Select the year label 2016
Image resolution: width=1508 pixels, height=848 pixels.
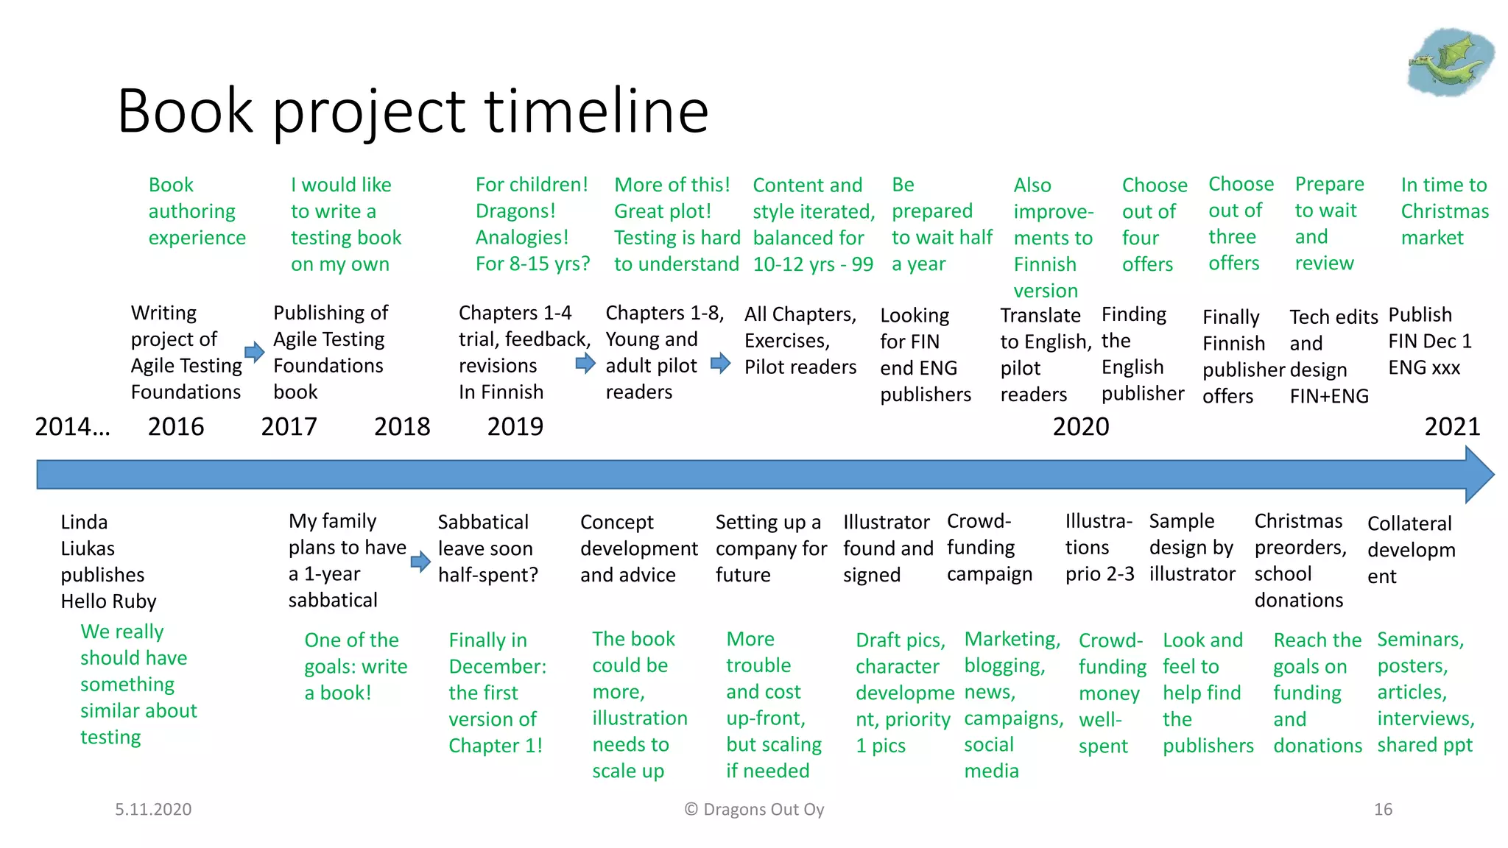pyautogui.click(x=176, y=426)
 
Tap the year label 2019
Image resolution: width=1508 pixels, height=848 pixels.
pyautogui.click(x=515, y=426)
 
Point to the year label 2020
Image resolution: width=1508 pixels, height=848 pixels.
pyautogui.click(x=1080, y=426)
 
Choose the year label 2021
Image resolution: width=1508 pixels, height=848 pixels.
pyautogui.click(x=1452, y=426)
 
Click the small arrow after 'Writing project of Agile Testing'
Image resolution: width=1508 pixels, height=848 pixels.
pyautogui.click(x=254, y=352)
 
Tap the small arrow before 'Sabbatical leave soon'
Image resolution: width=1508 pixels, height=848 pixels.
pyautogui.click(x=420, y=562)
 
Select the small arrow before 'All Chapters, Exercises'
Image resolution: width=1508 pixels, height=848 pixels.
pyautogui.click(x=720, y=363)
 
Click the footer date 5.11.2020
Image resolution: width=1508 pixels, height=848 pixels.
pyautogui.click(x=153, y=809)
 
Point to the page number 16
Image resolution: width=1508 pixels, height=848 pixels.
pyautogui.click(x=1383, y=809)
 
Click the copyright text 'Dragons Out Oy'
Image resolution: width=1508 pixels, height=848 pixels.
pyautogui.click(x=763, y=809)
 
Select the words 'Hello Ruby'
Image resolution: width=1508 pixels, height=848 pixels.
pyautogui.click(x=108, y=601)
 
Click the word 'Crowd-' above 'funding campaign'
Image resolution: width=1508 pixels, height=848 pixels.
pyautogui.click(x=979, y=521)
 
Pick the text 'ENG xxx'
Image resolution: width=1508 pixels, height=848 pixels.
pyautogui.click(x=1424, y=367)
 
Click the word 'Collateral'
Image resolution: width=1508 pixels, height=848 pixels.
pyautogui.click(x=1409, y=523)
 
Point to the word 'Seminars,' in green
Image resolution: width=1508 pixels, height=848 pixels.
pyautogui.click(x=1420, y=639)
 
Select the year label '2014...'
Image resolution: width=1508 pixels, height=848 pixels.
pyautogui.click(x=72, y=426)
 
